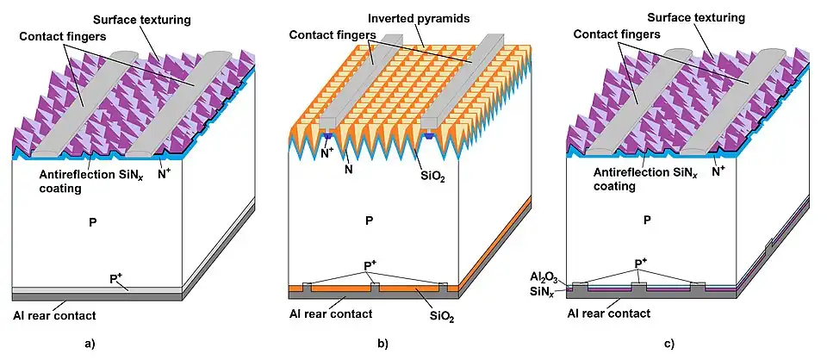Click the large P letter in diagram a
(93, 222)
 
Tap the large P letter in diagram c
(648, 219)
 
